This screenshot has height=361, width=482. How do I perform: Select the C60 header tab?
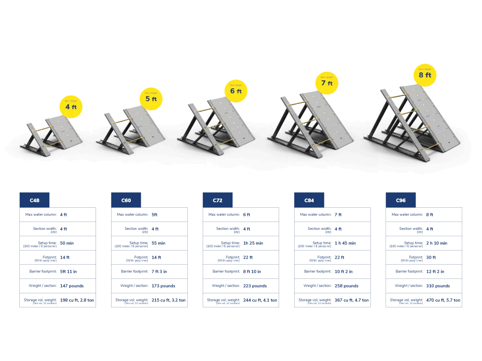tap(126, 200)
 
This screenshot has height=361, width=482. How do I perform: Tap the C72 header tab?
tap(217, 200)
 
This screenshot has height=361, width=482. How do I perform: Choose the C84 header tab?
tap(310, 200)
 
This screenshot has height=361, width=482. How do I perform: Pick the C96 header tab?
tap(401, 200)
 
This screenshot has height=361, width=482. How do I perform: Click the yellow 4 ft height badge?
tap(71, 106)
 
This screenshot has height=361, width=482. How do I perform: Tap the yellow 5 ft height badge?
tap(151, 99)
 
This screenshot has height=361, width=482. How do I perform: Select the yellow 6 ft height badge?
tap(236, 90)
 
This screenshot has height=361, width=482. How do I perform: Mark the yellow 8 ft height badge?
tap(425, 74)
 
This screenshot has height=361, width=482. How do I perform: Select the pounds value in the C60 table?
tap(164, 286)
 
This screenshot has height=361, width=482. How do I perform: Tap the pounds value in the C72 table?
tap(255, 286)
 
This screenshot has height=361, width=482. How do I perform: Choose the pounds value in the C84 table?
tap(346, 286)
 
